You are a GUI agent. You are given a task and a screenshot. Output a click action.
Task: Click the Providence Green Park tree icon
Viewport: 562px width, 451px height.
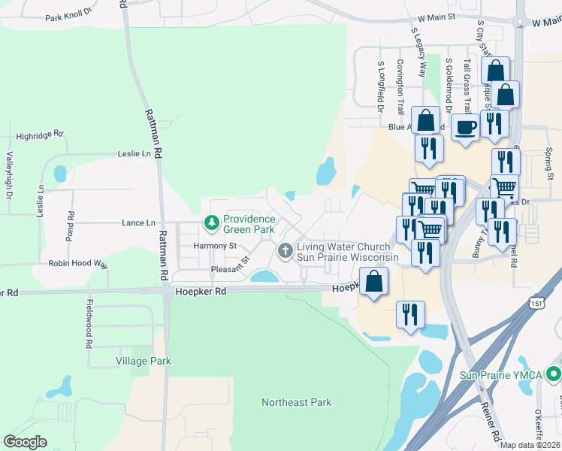[x=212, y=222]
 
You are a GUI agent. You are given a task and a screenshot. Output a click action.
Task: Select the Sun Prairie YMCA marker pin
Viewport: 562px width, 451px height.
[x=554, y=373]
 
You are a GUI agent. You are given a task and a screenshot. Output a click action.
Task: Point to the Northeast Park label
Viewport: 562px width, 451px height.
[x=296, y=402]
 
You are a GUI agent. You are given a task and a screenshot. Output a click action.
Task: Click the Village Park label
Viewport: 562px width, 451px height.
[x=143, y=361]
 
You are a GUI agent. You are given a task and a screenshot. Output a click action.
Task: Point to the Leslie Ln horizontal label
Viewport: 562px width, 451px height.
[x=134, y=153]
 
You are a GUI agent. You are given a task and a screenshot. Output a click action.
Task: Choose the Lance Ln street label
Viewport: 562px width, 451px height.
[x=138, y=222]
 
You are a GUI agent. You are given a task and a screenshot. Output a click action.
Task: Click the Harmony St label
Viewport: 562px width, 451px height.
[x=215, y=246]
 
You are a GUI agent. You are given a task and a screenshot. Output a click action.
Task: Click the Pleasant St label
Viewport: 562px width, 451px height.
[x=230, y=267]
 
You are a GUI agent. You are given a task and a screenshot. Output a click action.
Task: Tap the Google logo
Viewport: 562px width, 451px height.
[x=25, y=442]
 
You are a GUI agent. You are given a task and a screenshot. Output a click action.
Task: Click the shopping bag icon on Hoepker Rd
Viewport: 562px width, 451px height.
[x=373, y=283]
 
